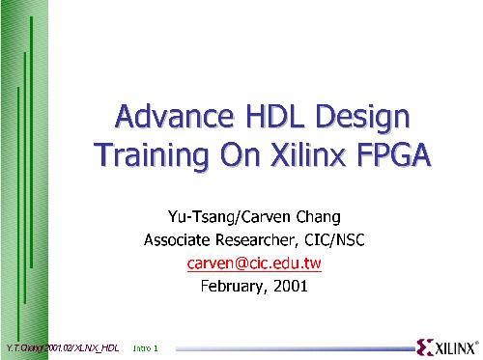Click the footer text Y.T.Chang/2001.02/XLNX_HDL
click(61, 346)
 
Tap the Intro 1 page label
click(145, 346)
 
